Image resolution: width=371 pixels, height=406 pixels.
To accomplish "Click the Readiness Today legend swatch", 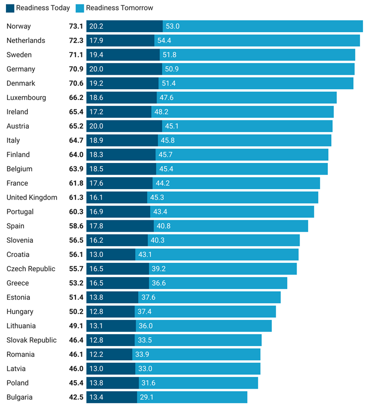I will (x=10, y=8).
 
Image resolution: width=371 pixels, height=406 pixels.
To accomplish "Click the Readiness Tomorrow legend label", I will (x=119, y=8).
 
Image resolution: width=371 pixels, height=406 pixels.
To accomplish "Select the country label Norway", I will (x=18, y=26).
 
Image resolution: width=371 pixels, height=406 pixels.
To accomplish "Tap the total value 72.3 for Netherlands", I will (x=76, y=41).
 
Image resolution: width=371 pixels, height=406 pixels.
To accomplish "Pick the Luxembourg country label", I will (x=26, y=98).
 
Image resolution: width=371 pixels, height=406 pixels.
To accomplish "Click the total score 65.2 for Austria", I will (x=76, y=126).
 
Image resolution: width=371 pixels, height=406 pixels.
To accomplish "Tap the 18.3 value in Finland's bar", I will (x=96, y=155).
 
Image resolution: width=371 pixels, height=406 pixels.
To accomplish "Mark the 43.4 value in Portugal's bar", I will (x=161, y=212).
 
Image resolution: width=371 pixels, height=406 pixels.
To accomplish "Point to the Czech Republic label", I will (x=31, y=269).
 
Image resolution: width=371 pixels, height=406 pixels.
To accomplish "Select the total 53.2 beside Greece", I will (x=76, y=283).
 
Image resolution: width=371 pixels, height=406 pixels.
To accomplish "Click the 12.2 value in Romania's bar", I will (x=96, y=355).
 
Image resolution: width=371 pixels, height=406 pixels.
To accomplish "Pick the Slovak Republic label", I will (x=31, y=340).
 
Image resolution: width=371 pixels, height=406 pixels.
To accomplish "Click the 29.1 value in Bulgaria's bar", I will (x=147, y=397).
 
